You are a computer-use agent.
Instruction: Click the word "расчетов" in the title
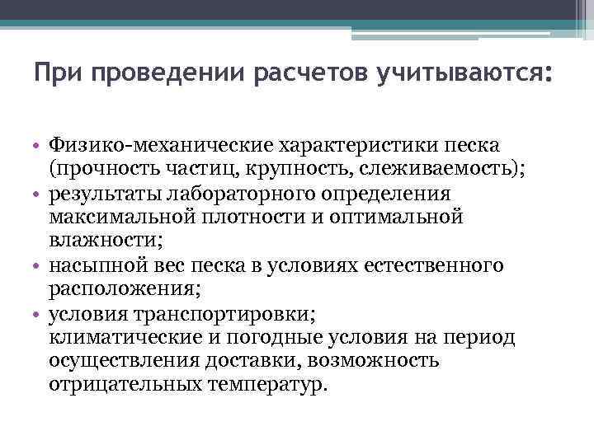tap(313, 76)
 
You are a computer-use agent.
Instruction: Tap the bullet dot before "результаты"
tap(39, 194)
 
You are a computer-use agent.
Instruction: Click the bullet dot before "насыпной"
tap(39, 266)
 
